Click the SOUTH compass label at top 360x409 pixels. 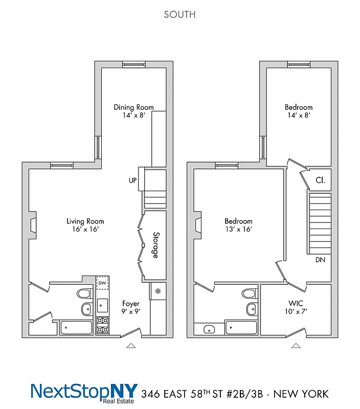pyautogui.click(x=179, y=14)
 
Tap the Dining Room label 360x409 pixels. pyautogui.click(x=133, y=107)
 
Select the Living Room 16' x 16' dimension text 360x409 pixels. pyautogui.click(x=85, y=230)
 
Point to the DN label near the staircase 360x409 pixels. pyautogui.click(x=320, y=260)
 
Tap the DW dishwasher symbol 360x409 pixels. pyautogui.click(x=102, y=283)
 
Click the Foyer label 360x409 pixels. pyautogui.click(x=131, y=304)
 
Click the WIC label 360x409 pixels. pyautogui.click(x=296, y=303)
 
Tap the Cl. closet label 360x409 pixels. pyautogui.click(x=320, y=180)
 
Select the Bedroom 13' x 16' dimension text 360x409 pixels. pyautogui.click(x=238, y=230)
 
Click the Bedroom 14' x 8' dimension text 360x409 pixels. pyautogui.click(x=299, y=116)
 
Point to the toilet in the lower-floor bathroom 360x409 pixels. pyautogui.click(x=83, y=293)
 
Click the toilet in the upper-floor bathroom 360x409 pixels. pyautogui.click(x=249, y=293)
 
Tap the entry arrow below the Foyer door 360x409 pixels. pyautogui.click(x=131, y=346)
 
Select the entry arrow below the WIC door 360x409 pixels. pyautogui.click(x=296, y=346)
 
